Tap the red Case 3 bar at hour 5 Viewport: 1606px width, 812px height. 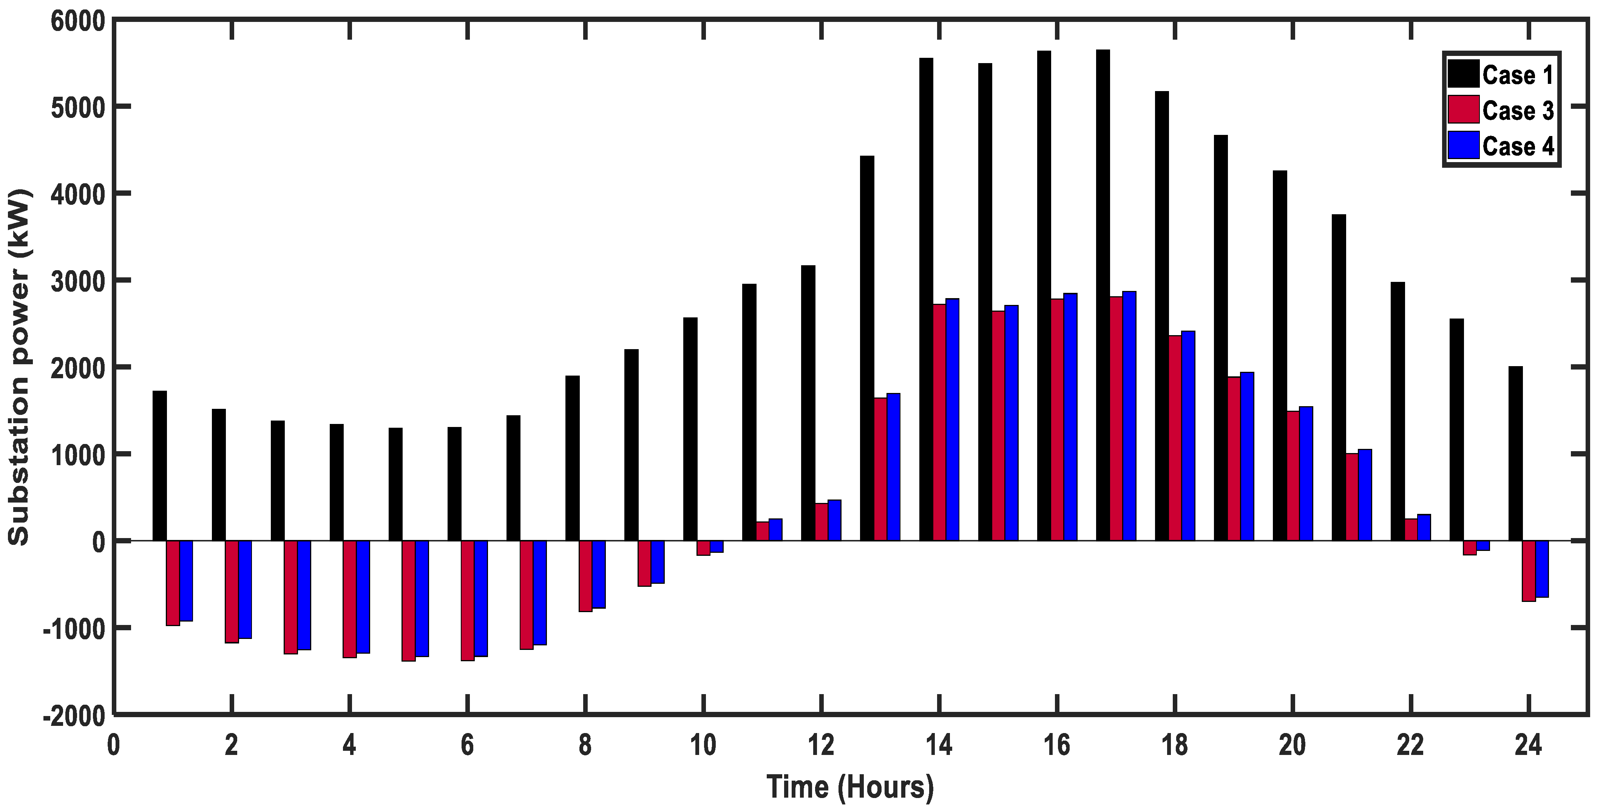pos(408,600)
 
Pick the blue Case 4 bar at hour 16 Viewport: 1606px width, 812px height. pos(1070,417)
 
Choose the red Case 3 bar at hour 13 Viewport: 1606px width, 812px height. pos(880,469)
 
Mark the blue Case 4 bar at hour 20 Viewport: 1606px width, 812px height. pos(1306,473)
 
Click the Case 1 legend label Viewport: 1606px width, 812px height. pos(1518,76)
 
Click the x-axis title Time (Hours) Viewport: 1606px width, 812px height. pos(850,787)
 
